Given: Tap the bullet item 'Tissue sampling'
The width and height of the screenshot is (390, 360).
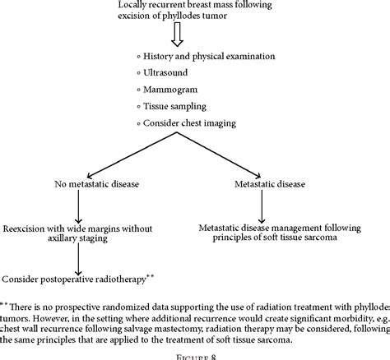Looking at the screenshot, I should pos(180,107).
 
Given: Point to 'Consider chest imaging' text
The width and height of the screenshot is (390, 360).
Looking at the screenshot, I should pos(195,124).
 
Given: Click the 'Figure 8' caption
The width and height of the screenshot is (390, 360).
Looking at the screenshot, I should pos(195,353).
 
